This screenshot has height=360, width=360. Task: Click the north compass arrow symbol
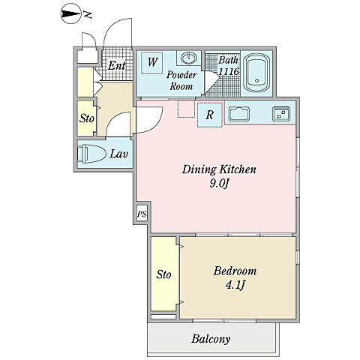(x=71, y=14)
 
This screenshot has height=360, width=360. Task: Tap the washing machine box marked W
(x=152, y=62)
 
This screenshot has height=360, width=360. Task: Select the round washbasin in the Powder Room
(x=189, y=58)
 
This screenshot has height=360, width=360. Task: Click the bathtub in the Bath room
(x=256, y=73)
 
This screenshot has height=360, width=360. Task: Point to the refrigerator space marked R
(x=210, y=115)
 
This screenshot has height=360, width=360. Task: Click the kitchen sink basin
(x=239, y=114)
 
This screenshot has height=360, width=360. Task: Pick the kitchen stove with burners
(x=281, y=114)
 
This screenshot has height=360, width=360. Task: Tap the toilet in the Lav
(x=91, y=154)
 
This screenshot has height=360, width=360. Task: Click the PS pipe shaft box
(x=142, y=214)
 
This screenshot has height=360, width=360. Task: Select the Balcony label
(x=211, y=339)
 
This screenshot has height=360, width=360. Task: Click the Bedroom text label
(x=235, y=271)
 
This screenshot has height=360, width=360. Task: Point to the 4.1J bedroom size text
(x=235, y=285)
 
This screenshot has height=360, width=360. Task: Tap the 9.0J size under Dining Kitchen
(x=220, y=184)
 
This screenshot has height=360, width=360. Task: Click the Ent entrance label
(x=117, y=66)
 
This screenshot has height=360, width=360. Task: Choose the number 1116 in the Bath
(x=229, y=71)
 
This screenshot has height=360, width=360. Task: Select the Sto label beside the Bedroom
(x=163, y=274)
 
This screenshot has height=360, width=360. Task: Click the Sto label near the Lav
(x=87, y=118)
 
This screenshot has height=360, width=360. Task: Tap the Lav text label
(x=118, y=154)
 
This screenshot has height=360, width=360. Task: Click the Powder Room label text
(x=181, y=80)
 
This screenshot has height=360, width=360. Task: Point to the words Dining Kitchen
(x=219, y=169)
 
